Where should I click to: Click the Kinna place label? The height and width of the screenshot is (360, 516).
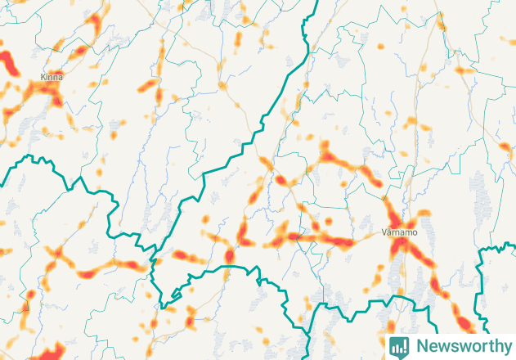coord(51,77)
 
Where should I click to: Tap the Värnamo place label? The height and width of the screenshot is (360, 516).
coord(400,232)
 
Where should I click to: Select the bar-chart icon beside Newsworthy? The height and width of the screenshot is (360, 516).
coord(399,346)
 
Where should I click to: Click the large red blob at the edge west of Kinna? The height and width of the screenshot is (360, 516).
coord(7,62)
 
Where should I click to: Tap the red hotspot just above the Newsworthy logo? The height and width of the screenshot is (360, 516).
coord(464,323)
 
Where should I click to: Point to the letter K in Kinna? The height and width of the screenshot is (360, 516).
coord(43,77)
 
